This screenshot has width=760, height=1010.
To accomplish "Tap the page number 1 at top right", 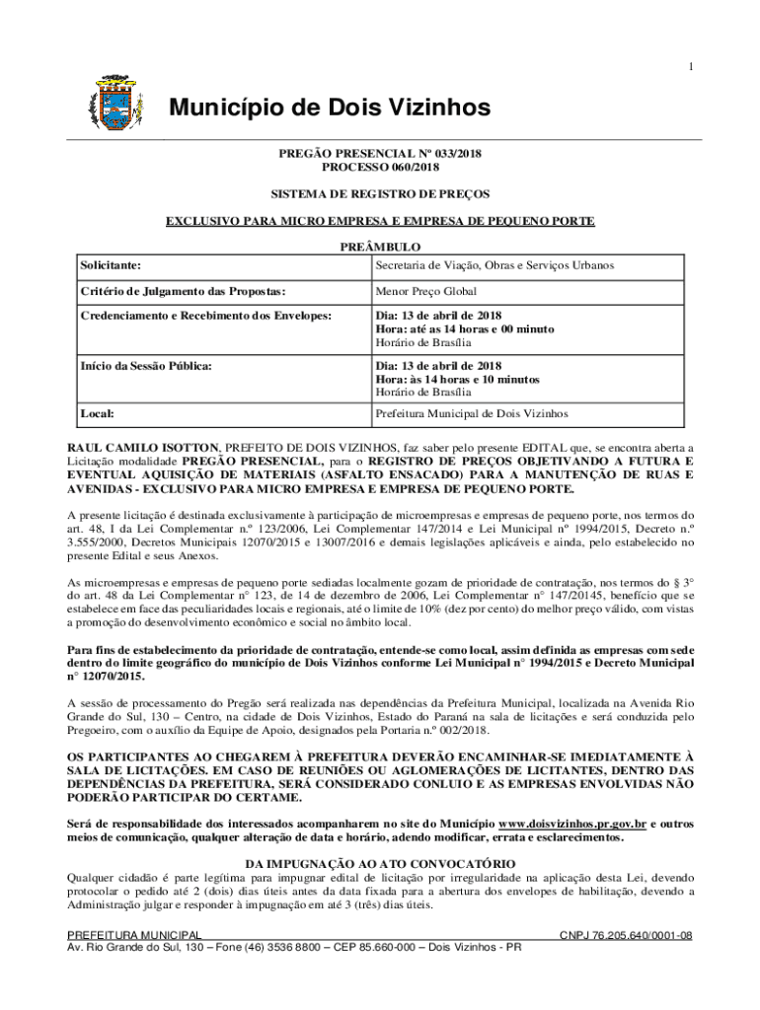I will [691, 66].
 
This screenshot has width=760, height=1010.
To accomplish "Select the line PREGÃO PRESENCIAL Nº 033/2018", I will [379, 154].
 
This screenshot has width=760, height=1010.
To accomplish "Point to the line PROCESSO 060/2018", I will [379, 168].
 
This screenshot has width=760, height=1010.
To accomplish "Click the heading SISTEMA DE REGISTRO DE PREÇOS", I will [379, 194].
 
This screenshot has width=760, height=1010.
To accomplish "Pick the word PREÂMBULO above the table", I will [379, 248].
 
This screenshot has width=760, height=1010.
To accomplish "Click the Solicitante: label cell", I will [111, 265].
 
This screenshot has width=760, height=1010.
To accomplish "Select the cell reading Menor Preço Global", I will [425, 292].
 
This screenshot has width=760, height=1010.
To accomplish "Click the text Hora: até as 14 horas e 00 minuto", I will [464, 329].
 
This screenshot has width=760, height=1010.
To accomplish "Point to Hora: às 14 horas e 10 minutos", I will [457, 380].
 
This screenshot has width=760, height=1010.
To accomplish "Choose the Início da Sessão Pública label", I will [147, 366].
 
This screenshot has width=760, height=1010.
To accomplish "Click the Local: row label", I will [98, 414].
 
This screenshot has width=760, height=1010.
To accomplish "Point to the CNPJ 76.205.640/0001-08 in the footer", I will [626, 935].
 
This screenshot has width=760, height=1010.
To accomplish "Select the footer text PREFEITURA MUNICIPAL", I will [134, 935].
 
